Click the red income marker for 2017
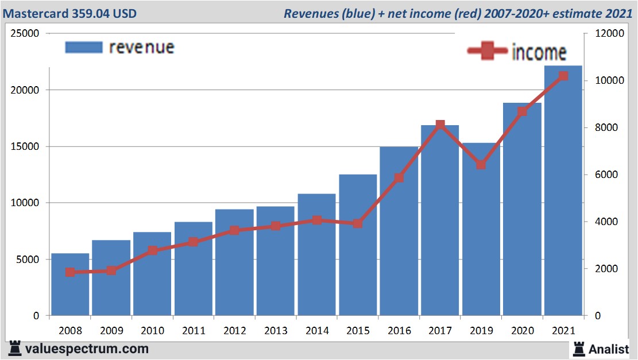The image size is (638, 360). (x=440, y=125)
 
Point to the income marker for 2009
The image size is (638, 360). (x=111, y=270)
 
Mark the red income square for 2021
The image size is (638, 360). (x=563, y=76)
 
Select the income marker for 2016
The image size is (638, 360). (x=399, y=178)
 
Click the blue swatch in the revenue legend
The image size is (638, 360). (x=84, y=47)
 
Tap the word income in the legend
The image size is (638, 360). (x=539, y=52)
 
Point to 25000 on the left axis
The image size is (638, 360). (x=25, y=33)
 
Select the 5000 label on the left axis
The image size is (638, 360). (x=28, y=260)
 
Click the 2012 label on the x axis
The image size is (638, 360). (x=234, y=331)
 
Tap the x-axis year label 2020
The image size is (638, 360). (x=522, y=331)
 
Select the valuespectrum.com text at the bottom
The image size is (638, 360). (x=87, y=349)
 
